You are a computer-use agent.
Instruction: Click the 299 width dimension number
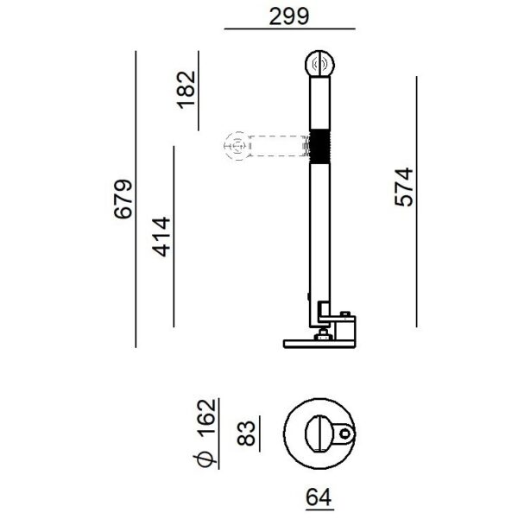point(289,16)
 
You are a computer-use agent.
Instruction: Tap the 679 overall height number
point(123,199)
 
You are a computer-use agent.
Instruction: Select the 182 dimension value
point(186,89)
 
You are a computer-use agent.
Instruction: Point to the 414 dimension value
point(161,237)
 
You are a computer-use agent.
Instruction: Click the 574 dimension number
point(404,187)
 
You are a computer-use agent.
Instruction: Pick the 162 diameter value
point(206,416)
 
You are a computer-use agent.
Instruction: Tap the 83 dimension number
point(247,433)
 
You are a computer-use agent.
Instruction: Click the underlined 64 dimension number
point(319,497)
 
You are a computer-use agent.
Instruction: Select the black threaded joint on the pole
point(319,146)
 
